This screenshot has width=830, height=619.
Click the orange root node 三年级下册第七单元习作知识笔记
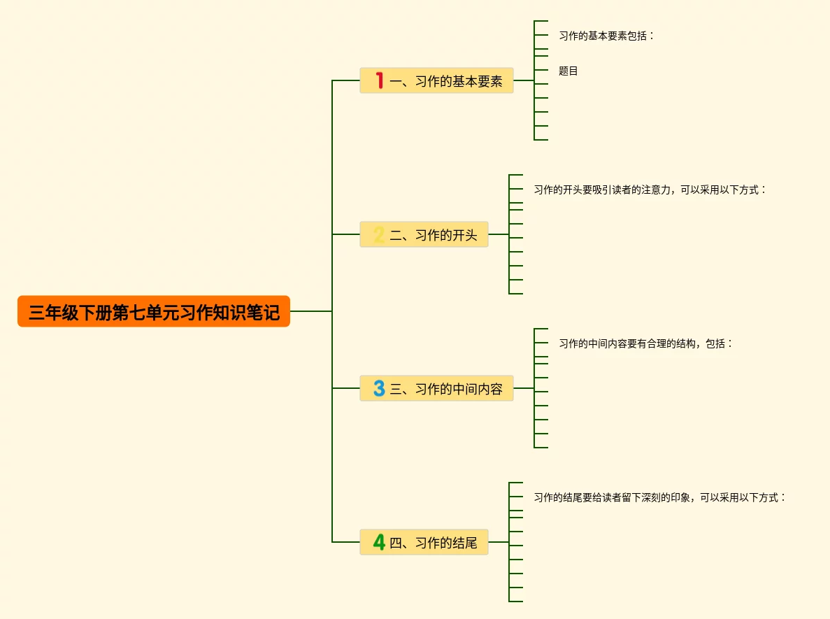[x=154, y=311]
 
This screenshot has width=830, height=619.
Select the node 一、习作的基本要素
[x=437, y=80]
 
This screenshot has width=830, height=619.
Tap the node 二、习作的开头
[x=424, y=234]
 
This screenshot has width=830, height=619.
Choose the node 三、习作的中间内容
[x=437, y=388]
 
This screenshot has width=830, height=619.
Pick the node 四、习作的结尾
[x=424, y=542]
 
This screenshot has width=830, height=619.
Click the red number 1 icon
[x=380, y=80]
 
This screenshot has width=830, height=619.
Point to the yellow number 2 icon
[x=379, y=234]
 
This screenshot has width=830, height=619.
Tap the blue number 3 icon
[x=379, y=388]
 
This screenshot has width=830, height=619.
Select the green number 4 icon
[x=379, y=542]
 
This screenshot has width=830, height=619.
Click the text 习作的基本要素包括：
[x=606, y=35]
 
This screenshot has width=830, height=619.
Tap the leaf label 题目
[x=568, y=71]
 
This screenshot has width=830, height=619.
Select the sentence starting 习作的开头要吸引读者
[x=650, y=190]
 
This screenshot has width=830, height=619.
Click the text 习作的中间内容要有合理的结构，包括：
[x=645, y=343]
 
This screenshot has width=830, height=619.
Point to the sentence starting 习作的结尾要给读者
[x=659, y=497]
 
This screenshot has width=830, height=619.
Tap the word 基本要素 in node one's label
[x=477, y=81]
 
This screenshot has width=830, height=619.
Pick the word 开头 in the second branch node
[x=464, y=235]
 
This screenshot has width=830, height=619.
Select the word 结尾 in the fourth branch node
[x=464, y=543]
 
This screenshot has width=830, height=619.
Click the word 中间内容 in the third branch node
[x=477, y=389]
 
